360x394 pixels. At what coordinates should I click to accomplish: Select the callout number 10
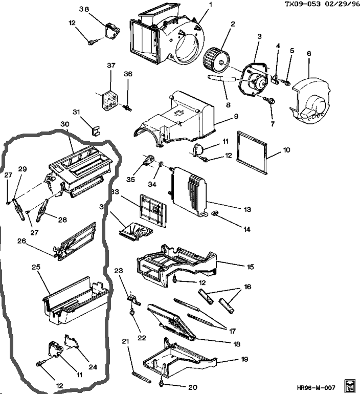coord(287,150)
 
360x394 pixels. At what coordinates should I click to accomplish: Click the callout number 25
coord(36,268)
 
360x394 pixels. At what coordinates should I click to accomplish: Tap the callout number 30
coord(64,124)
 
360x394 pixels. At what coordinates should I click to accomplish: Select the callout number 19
coord(244,360)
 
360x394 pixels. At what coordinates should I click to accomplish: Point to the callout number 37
coord(111,65)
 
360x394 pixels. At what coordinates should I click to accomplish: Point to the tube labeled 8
coord(220,78)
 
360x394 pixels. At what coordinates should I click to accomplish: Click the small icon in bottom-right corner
coord(350,385)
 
